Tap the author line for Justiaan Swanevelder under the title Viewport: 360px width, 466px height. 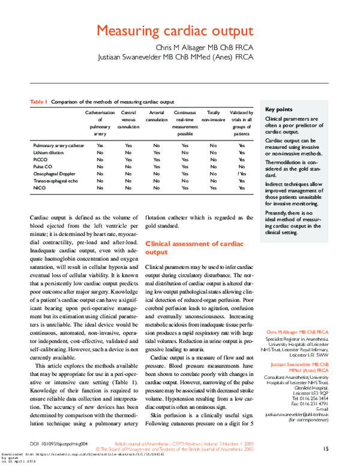tap(176, 58)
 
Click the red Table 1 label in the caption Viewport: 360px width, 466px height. tap(38, 102)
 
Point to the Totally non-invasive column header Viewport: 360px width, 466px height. tap(213, 116)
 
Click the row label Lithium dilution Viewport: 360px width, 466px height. tap(49, 153)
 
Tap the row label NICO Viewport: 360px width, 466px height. tap(40, 188)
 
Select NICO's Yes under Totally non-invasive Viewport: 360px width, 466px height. tap(213, 188)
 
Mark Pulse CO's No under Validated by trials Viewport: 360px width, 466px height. tap(241, 167)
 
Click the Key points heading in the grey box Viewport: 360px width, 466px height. tap(279, 109)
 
